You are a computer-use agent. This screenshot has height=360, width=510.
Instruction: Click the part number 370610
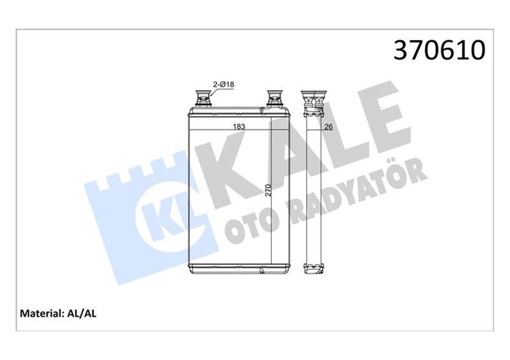tap(440, 50)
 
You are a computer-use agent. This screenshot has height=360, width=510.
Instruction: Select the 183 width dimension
tap(239, 127)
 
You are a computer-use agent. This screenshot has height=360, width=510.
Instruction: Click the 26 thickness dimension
tap(329, 127)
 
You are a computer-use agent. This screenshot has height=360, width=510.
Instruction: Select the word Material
tap(40, 313)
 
